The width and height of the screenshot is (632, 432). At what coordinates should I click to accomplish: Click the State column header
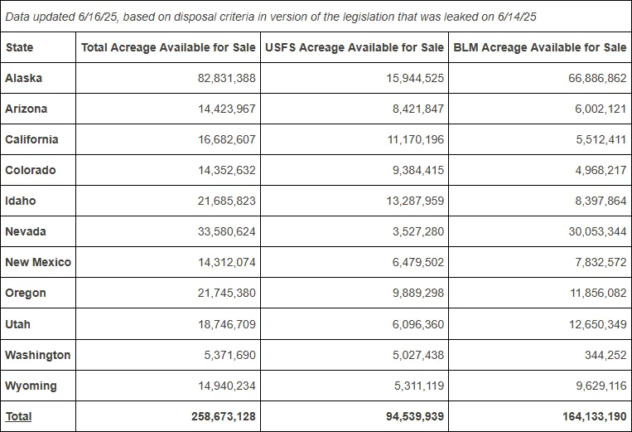click(x=19, y=47)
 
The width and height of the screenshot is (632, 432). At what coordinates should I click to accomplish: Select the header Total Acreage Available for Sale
click(x=168, y=47)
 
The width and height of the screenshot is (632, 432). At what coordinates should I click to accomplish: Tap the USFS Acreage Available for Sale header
click(x=355, y=47)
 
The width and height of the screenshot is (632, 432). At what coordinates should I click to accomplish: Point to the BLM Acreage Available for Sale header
click(x=540, y=47)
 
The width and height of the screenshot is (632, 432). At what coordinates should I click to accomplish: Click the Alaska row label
click(x=23, y=78)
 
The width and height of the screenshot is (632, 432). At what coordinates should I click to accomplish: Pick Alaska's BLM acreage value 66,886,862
click(x=597, y=78)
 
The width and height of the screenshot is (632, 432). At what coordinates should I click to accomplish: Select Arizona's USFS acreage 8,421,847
click(x=418, y=109)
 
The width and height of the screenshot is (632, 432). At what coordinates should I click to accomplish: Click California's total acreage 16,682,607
click(x=226, y=139)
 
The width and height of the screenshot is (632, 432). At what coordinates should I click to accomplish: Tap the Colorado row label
click(x=30, y=170)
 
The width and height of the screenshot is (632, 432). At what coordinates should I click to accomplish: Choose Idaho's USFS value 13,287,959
click(x=415, y=201)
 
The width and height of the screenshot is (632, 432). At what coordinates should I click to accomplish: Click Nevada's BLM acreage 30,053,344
click(x=597, y=231)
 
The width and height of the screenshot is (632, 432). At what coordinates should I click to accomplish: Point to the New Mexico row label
click(x=38, y=262)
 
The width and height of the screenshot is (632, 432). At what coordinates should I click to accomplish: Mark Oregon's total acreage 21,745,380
click(x=226, y=293)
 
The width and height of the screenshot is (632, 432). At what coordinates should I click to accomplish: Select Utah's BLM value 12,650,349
click(x=598, y=324)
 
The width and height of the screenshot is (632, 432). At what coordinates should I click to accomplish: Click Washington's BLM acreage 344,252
click(x=605, y=355)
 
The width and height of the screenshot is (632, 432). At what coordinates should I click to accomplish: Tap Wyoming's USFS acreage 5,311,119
click(x=419, y=386)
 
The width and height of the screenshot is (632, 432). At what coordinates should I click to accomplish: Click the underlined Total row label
click(x=18, y=416)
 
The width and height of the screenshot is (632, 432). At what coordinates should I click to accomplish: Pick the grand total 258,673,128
click(x=224, y=416)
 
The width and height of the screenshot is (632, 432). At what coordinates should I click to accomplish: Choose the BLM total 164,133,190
click(x=595, y=416)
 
